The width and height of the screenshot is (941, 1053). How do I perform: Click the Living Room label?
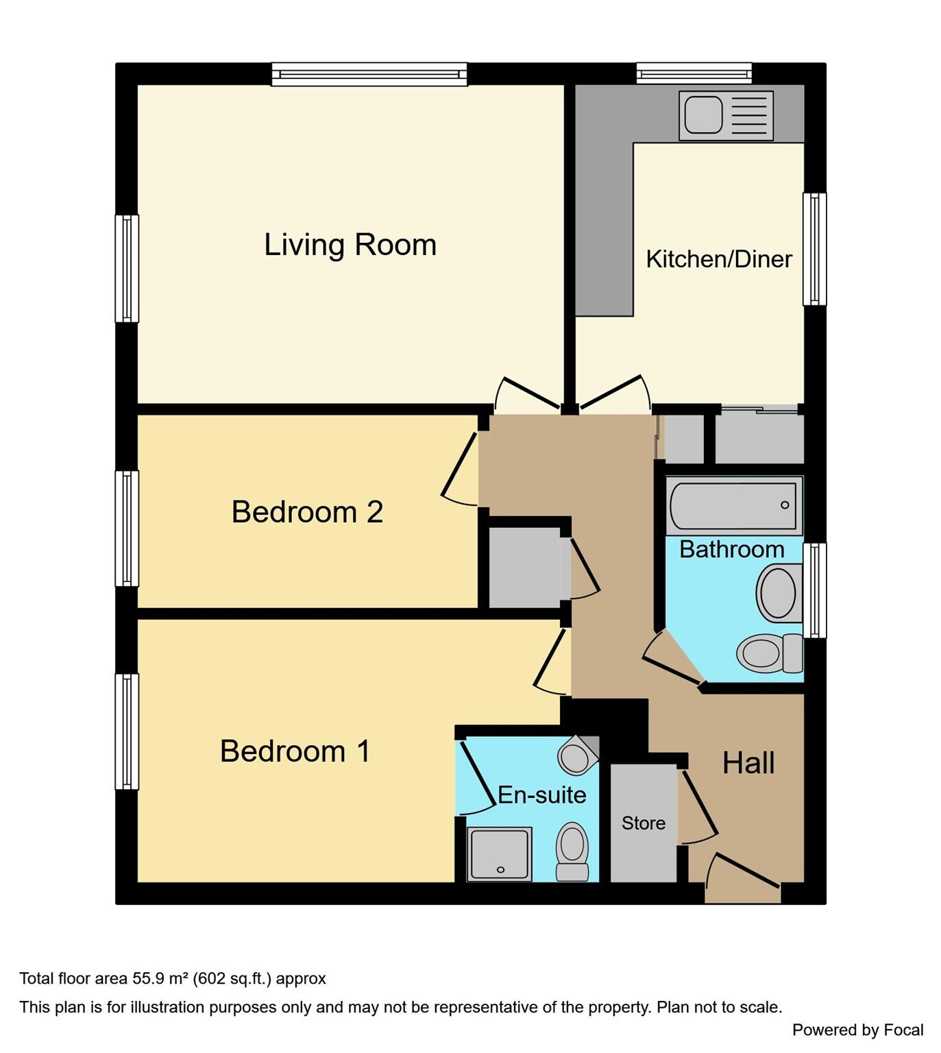[x=350, y=245]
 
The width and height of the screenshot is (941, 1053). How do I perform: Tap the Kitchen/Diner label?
[x=719, y=259]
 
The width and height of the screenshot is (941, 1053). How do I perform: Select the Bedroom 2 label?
[x=307, y=512]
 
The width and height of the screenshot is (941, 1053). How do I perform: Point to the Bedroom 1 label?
[x=295, y=751]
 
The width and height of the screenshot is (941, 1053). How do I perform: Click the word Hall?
[x=748, y=763]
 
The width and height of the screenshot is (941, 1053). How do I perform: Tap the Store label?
[x=643, y=823]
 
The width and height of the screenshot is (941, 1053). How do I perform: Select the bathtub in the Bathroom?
[x=733, y=505]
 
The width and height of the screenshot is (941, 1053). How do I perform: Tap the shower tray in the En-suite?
[x=499, y=854]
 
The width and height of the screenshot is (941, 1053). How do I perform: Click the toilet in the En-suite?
[x=572, y=850]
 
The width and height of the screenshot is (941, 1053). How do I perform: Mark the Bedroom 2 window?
[x=127, y=528]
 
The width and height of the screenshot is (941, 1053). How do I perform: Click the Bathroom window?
[x=814, y=590]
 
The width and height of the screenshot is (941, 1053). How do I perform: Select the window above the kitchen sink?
[x=694, y=73]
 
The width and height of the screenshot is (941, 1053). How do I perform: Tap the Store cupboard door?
[x=698, y=806]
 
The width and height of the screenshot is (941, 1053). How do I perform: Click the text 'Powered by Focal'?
[x=857, y=1030]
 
